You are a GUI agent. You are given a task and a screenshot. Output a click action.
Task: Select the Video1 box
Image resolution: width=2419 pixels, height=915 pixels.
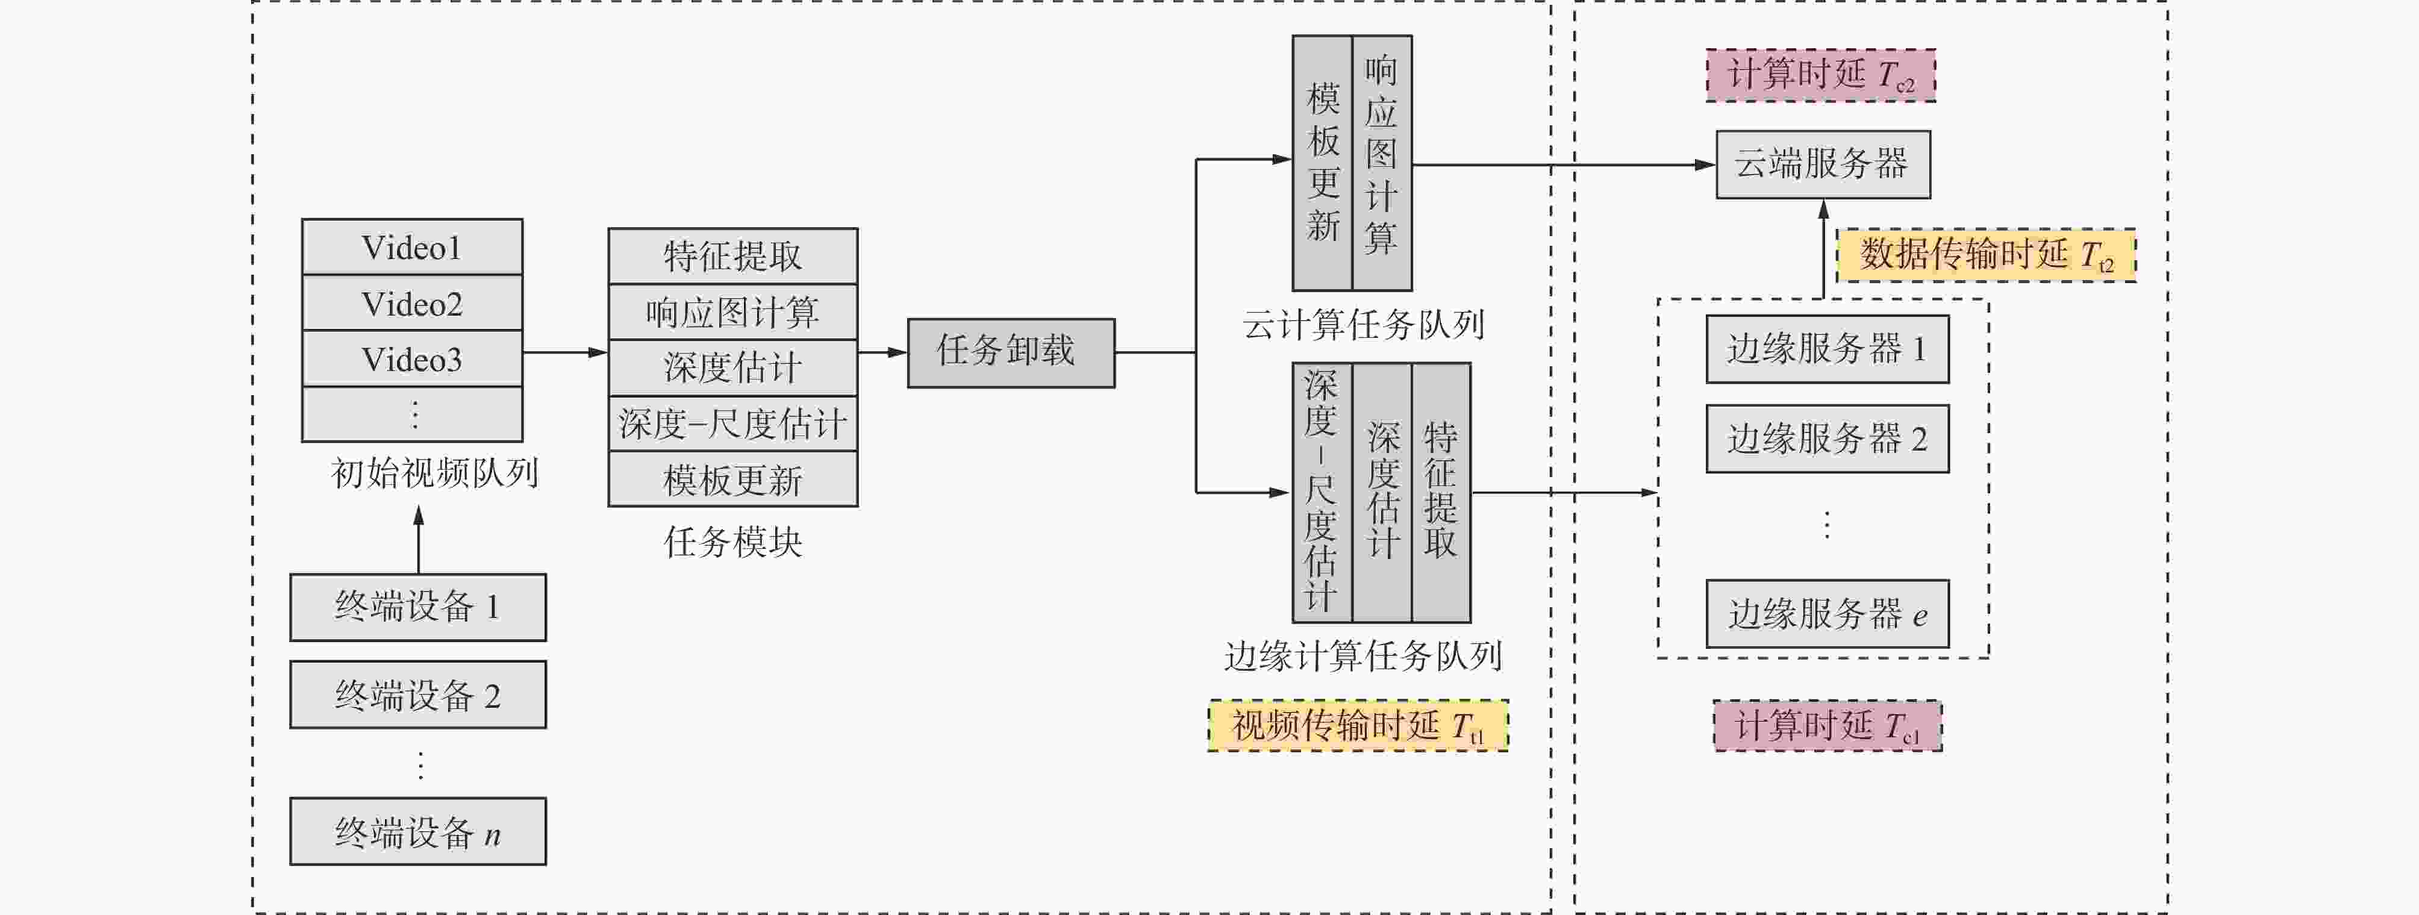click(x=412, y=247)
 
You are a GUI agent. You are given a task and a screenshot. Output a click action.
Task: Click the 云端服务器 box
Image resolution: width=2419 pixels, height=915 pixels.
click(x=1823, y=164)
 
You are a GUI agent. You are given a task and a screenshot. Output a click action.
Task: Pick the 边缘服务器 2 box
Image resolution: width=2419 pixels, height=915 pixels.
click(x=1828, y=439)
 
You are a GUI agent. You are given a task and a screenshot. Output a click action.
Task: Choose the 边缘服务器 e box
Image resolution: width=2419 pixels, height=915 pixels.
click(x=1828, y=613)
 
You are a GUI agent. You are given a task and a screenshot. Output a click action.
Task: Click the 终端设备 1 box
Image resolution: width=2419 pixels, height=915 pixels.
click(x=418, y=607)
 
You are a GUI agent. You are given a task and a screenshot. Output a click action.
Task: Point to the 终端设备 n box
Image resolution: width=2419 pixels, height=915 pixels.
click(x=418, y=831)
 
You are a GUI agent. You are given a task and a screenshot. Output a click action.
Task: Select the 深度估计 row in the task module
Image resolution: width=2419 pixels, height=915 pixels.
click(x=732, y=367)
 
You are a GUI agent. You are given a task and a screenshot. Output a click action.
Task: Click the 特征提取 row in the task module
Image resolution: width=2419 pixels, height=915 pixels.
click(x=732, y=255)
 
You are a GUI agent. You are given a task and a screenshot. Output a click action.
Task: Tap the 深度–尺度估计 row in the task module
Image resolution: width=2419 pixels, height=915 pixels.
click(x=732, y=423)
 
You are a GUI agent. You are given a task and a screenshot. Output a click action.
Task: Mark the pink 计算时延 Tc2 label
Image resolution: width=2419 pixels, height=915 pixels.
click(x=1821, y=75)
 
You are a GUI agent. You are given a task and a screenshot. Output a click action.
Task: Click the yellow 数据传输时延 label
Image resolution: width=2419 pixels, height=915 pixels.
click(x=1986, y=255)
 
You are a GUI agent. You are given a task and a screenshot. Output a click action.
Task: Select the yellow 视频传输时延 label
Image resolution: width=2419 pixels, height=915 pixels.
click(x=1358, y=725)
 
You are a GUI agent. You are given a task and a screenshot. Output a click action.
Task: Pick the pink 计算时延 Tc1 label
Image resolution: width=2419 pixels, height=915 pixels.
click(x=1828, y=725)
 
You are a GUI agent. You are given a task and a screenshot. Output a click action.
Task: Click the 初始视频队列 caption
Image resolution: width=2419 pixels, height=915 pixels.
click(x=434, y=472)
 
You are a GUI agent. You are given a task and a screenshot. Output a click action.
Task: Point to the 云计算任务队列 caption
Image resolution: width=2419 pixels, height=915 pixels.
click(x=1362, y=325)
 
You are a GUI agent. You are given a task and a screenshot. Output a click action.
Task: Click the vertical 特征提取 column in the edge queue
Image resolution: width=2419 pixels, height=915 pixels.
click(x=1441, y=492)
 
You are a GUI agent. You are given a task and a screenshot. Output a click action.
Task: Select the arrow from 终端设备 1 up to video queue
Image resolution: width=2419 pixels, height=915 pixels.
click(x=419, y=540)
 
